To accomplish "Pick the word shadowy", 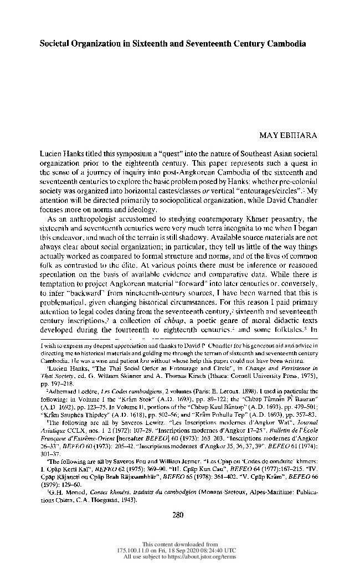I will [183, 235].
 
